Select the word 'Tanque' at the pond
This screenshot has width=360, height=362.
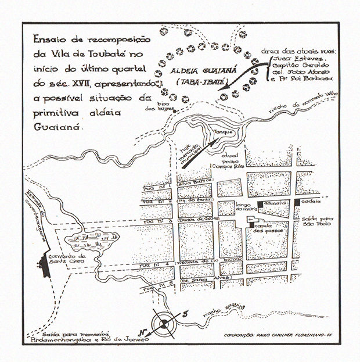coord(224,132)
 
